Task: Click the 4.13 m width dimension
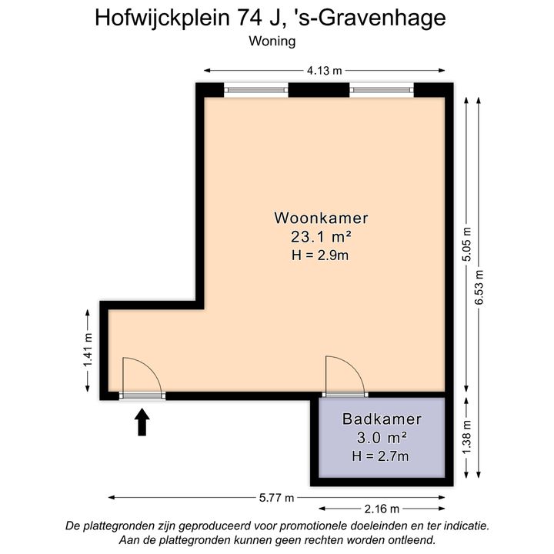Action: [x=325, y=71]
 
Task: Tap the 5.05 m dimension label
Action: [x=467, y=244]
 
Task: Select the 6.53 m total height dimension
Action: [x=479, y=287]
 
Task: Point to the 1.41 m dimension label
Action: [x=88, y=350]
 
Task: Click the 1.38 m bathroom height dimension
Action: [x=467, y=438]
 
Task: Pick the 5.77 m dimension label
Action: [x=276, y=498]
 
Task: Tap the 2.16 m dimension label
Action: [x=382, y=509]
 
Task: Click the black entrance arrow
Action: [x=142, y=422]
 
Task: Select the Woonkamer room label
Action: [x=321, y=218]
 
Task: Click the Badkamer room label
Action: [x=382, y=419]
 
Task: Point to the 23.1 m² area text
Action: [x=321, y=236]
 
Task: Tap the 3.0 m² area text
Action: [x=382, y=438]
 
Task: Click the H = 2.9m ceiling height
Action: [x=320, y=255]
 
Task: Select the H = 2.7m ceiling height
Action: [x=381, y=456]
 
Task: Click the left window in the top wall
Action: [x=256, y=91]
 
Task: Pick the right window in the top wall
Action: [x=382, y=91]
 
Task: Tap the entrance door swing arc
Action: [x=151, y=368]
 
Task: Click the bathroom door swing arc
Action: [x=353, y=368]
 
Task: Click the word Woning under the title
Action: [x=272, y=42]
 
